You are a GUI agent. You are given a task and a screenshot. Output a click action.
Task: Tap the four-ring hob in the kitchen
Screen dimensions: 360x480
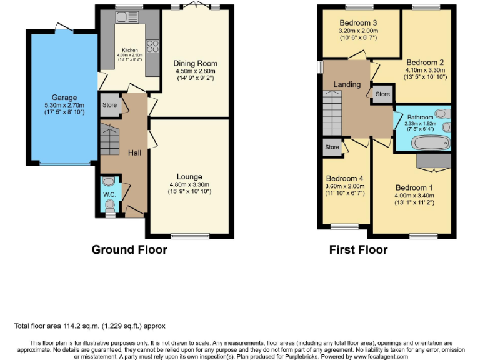[x=151, y=45]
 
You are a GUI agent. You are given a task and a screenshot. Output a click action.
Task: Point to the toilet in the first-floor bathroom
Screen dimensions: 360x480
[x=442, y=113]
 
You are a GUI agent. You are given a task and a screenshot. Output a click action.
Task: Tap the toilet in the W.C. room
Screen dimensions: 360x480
[x=110, y=204]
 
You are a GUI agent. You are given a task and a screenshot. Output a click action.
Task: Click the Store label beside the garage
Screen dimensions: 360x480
[x=110, y=105]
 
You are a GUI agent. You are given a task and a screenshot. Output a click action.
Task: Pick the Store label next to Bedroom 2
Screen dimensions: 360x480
[x=382, y=94]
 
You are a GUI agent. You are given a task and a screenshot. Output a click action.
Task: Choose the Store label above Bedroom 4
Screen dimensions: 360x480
[x=332, y=147]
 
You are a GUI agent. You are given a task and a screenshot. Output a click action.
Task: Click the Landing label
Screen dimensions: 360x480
[x=347, y=84]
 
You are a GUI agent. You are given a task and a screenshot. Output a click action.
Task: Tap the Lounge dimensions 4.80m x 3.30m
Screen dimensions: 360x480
[x=189, y=184]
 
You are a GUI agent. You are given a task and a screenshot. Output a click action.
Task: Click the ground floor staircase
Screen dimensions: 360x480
[x=110, y=140]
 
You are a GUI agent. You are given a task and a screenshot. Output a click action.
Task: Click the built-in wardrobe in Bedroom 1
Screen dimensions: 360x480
[x=434, y=162]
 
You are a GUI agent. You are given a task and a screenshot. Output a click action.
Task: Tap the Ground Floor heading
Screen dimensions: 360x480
[x=129, y=250]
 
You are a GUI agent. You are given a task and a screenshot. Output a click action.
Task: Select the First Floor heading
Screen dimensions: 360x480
[x=358, y=250]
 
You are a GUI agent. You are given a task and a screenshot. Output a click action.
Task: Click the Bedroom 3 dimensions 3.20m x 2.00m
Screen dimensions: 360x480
[x=359, y=29]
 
